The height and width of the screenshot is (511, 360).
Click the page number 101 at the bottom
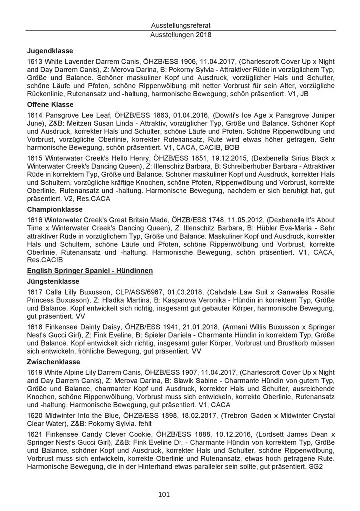164,495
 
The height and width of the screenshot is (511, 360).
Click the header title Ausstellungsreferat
180,25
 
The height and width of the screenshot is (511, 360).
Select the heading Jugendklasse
50,50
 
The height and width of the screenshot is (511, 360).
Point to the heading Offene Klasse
50,104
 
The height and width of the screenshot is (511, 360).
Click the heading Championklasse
55,209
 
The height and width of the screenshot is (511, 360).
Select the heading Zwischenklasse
53,362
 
